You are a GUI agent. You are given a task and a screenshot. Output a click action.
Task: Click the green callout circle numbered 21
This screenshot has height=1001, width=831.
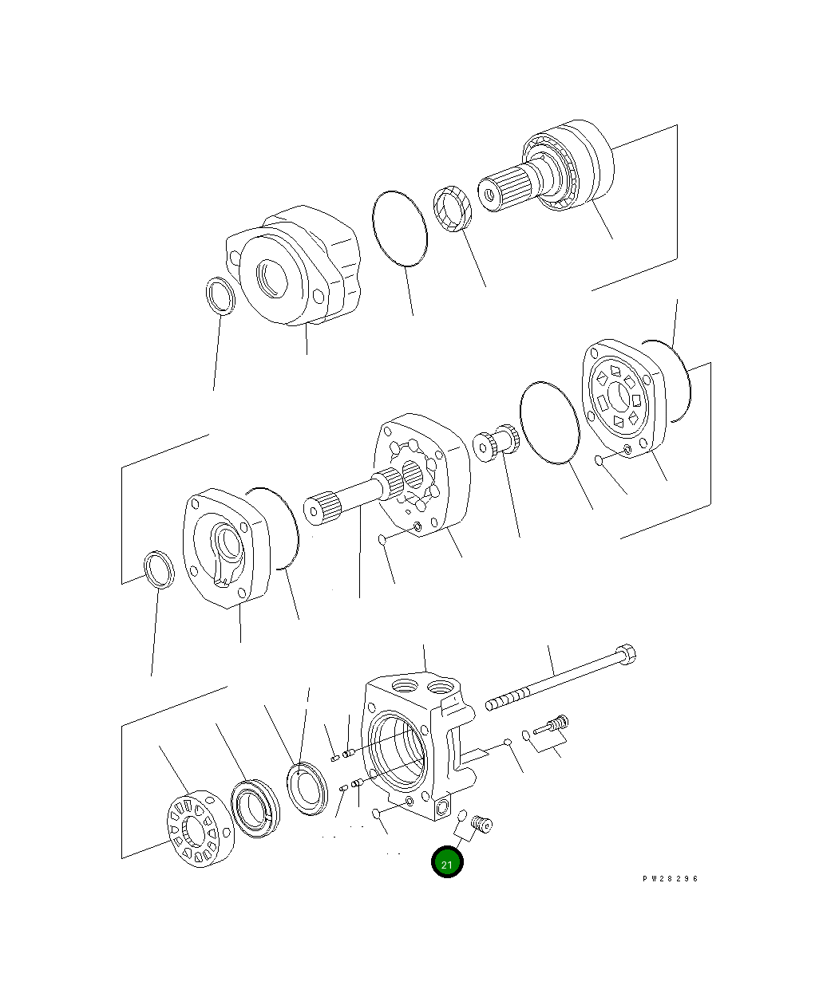(x=447, y=862)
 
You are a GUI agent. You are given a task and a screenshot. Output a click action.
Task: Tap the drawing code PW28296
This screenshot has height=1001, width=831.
(x=670, y=878)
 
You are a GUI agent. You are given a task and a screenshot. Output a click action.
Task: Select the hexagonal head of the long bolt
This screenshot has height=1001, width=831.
(x=626, y=655)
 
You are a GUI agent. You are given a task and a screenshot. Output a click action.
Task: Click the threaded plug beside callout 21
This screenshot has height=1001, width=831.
(x=481, y=823)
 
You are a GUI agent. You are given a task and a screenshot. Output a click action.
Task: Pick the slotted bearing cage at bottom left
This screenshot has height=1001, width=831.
(x=199, y=829)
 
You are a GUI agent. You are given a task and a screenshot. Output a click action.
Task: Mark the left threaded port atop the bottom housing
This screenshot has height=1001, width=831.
(x=402, y=685)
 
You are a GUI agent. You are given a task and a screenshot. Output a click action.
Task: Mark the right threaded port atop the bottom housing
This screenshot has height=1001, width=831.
(x=440, y=686)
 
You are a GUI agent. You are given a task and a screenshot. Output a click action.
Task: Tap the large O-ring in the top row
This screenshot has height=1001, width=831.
(x=399, y=227)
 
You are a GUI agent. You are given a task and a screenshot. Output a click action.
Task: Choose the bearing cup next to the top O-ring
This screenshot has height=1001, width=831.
(x=453, y=209)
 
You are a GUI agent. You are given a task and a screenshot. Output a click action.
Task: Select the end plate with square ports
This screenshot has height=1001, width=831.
(x=620, y=395)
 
